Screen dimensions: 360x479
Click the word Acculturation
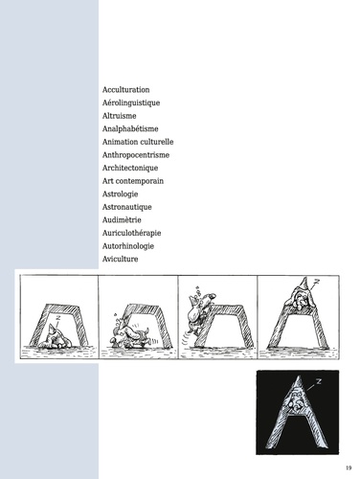[125, 90]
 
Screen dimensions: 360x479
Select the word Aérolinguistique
[131, 103]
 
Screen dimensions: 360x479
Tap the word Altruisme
[119, 116]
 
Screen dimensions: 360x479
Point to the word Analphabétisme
[130, 129]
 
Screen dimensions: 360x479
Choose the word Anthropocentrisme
[136, 155]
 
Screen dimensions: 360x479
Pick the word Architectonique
[130, 168]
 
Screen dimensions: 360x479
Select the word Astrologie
[120, 194]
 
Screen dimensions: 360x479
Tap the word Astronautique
[126, 207]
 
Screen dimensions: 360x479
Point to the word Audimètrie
[122, 220]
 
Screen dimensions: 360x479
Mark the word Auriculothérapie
[131, 233]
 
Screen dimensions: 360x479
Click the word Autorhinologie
[128, 246]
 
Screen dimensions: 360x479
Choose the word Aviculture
[120, 259]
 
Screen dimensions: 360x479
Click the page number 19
[349, 468]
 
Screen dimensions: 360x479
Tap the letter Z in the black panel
[318, 381]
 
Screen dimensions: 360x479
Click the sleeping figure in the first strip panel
[56, 337]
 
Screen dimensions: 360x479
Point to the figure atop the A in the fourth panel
[301, 295]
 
